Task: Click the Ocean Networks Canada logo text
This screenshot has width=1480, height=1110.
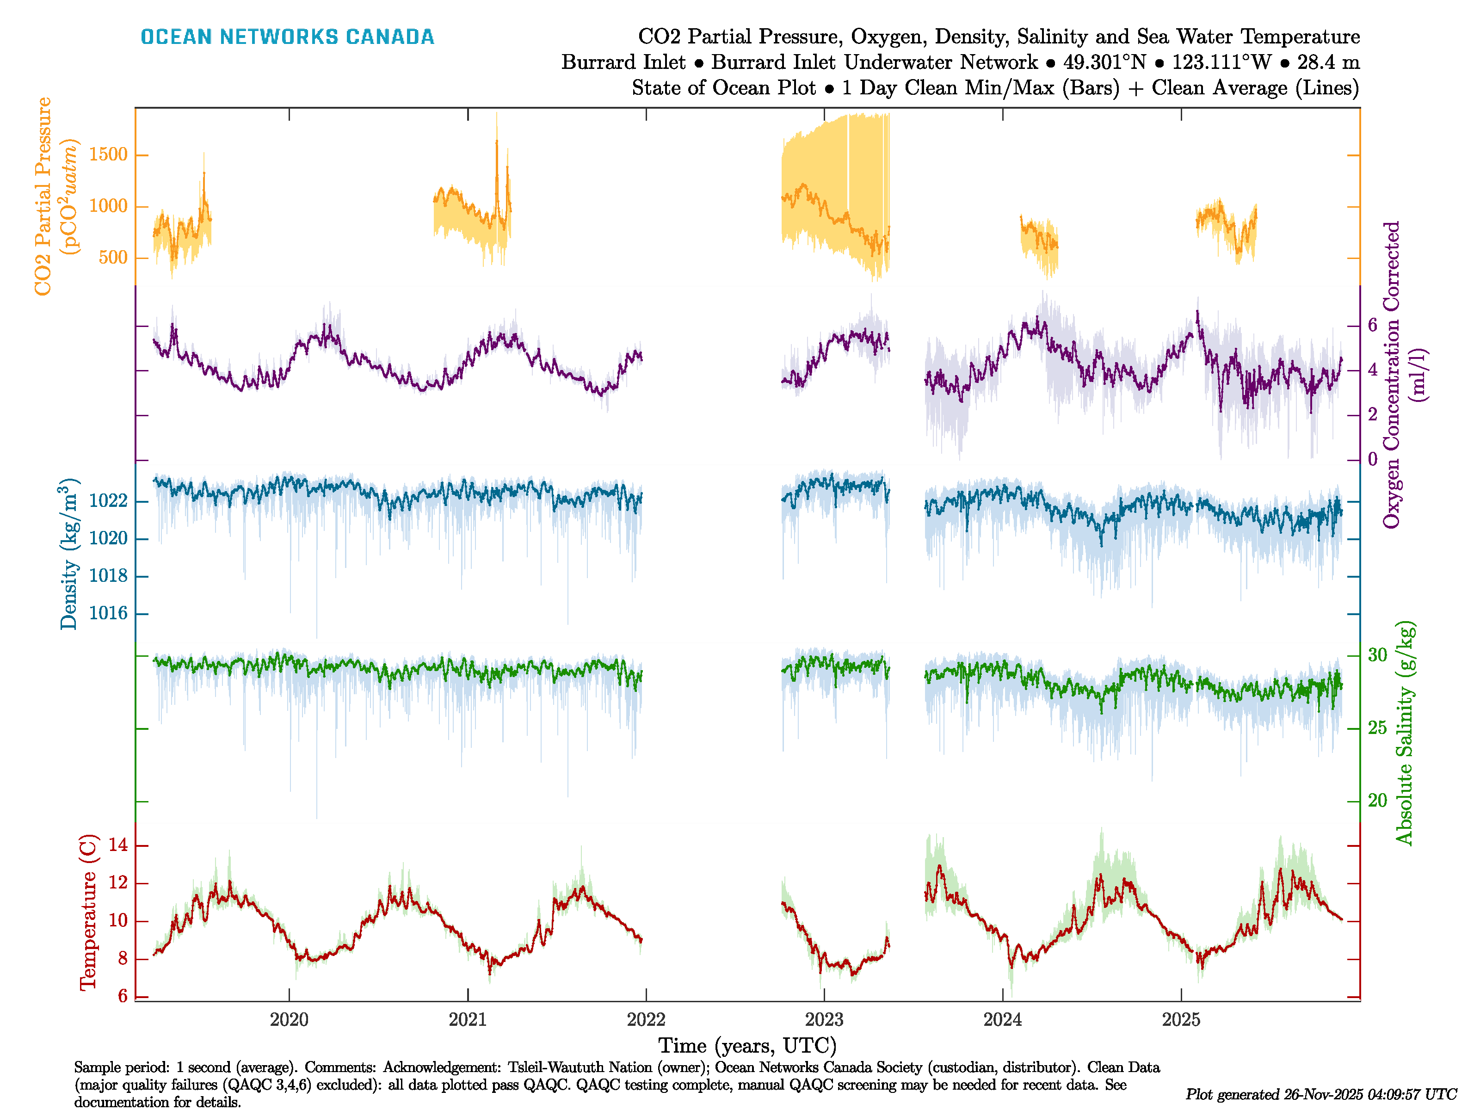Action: (x=287, y=37)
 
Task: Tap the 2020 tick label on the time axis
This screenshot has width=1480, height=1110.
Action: (x=289, y=1020)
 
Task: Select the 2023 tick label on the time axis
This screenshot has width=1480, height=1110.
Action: (x=824, y=1020)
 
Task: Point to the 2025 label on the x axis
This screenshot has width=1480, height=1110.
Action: (x=1181, y=1020)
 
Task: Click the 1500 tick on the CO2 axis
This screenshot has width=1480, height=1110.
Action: (x=108, y=154)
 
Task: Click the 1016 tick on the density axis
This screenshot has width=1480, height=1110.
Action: (x=108, y=614)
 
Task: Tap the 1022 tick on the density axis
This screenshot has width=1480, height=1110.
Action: (x=108, y=501)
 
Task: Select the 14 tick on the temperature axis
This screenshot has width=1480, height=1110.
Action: (x=118, y=845)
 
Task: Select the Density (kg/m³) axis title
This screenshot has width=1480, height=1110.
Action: (x=68, y=554)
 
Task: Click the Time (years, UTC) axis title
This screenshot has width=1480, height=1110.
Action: (x=747, y=1046)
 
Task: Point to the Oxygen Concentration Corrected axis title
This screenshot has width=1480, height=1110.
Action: (x=1392, y=375)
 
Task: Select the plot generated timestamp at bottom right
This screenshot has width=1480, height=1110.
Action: (x=1321, y=1095)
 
